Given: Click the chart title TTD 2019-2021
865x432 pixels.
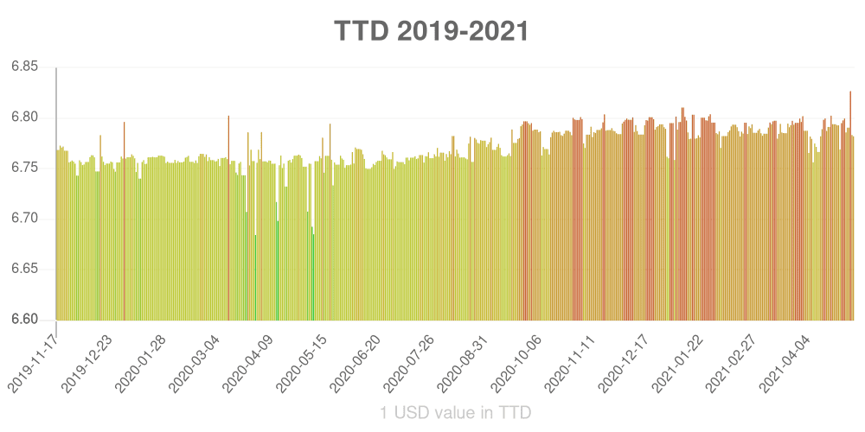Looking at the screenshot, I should click(432, 31).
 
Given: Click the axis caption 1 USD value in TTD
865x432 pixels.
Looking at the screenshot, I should click(455, 413).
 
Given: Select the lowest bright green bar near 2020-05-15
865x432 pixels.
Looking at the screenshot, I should click(313, 276).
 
